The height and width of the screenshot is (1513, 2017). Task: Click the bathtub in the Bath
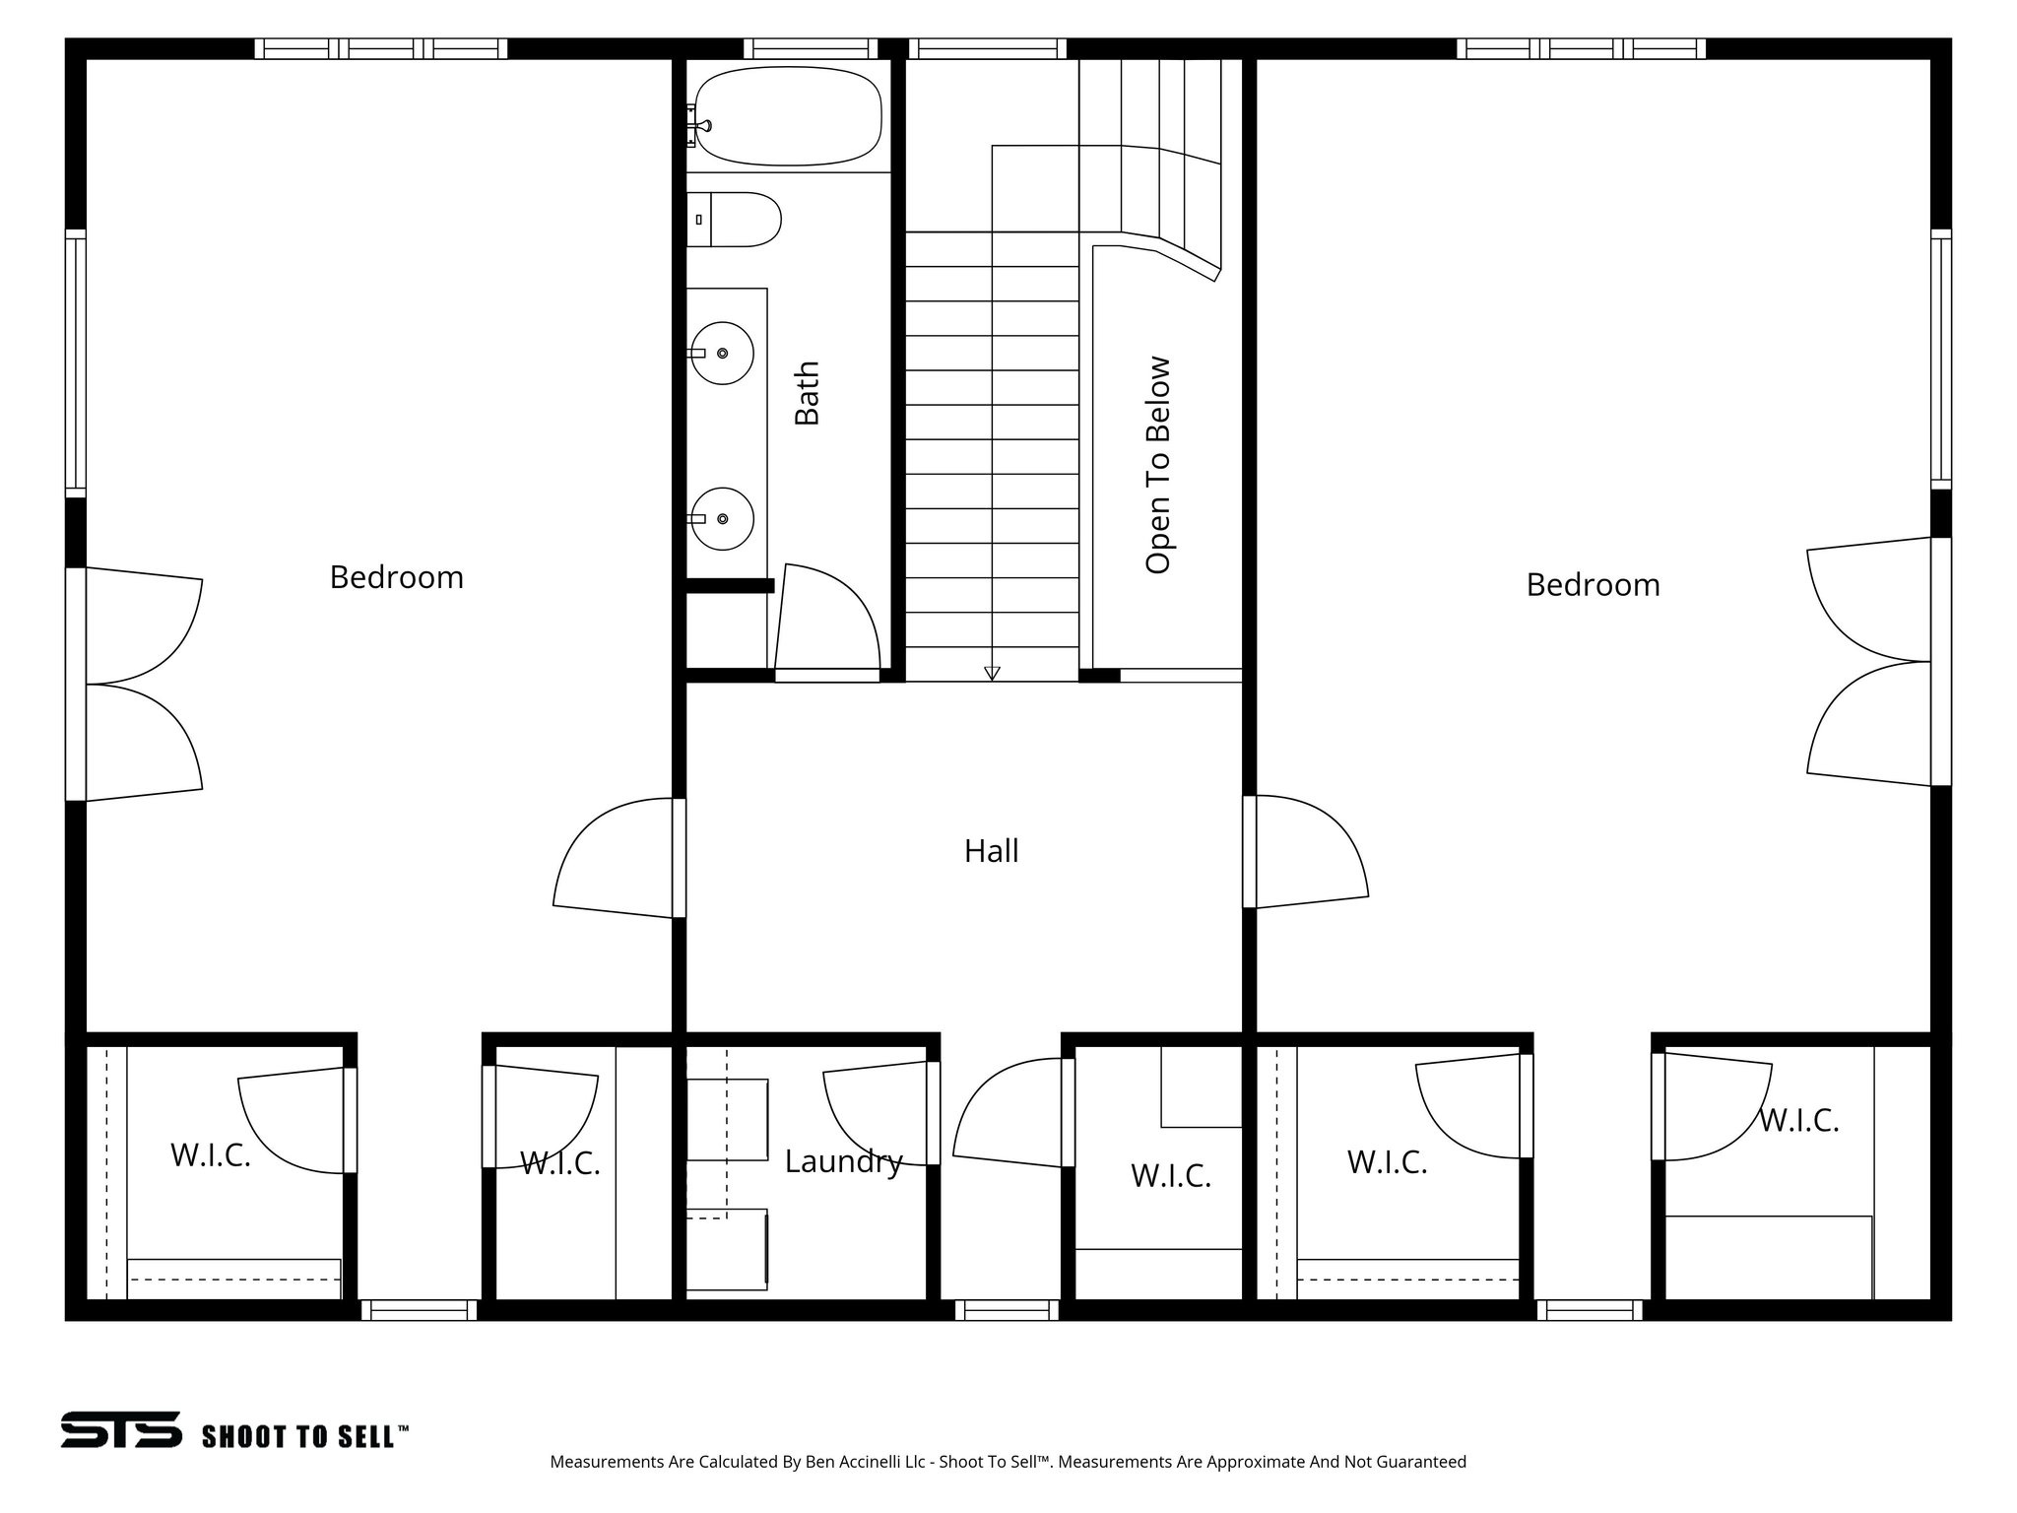[x=788, y=115]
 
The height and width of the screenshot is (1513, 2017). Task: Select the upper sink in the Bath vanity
[x=722, y=353]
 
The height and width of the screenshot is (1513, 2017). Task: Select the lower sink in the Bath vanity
[x=722, y=518]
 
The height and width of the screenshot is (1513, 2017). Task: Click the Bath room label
[x=808, y=392]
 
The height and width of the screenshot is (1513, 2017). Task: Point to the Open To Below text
[x=1158, y=464]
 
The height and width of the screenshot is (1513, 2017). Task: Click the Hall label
[x=991, y=850]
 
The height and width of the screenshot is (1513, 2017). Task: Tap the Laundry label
[x=843, y=1161]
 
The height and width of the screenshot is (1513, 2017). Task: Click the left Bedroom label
[x=396, y=576]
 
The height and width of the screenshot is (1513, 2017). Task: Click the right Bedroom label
[x=1593, y=584]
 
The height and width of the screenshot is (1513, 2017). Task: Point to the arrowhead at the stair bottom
[x=992, y=674]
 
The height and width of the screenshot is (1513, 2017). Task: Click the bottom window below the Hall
[x=1007, y=1310]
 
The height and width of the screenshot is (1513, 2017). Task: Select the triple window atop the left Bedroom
[x=381, y=48]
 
